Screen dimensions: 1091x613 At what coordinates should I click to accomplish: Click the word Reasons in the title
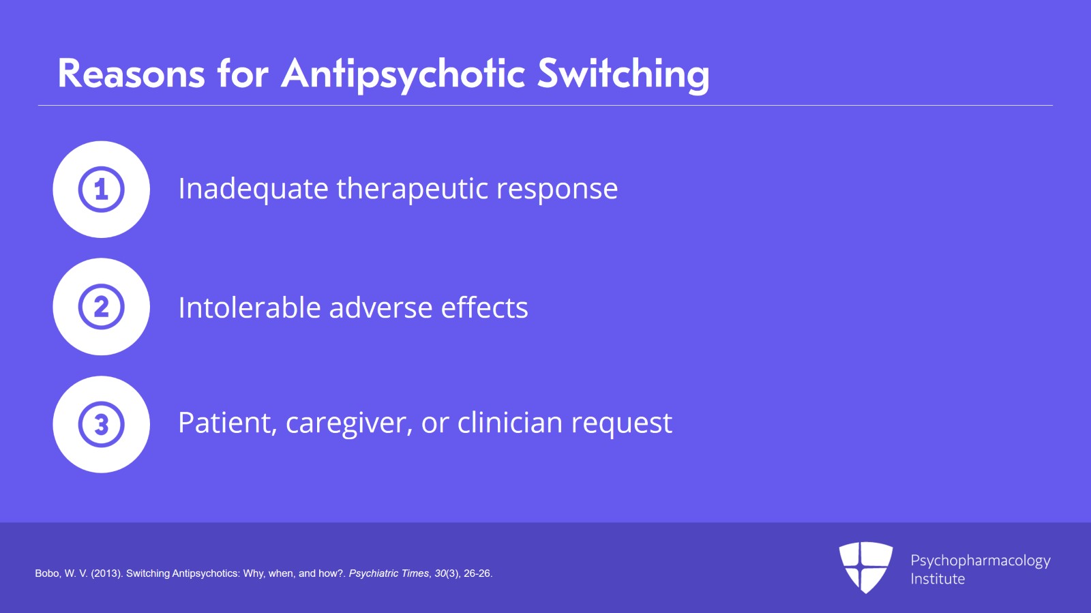(131, 74)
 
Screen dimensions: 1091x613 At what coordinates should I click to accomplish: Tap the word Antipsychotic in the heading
(403, 76)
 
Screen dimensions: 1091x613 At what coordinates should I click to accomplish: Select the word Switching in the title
(623, 76)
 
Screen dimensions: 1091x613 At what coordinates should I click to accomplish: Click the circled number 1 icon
(102, 190)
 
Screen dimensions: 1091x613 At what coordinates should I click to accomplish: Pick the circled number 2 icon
(102, 307)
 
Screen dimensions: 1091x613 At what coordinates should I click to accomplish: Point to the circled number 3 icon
(102, 424)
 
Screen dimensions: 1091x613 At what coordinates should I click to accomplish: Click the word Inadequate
(253, 189)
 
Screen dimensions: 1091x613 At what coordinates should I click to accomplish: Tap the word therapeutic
(412, 189)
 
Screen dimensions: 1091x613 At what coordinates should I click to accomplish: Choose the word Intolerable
(250, 308)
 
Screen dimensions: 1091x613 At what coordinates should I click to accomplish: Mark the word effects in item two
(485, 308)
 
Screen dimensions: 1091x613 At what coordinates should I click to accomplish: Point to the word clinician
(510, 422)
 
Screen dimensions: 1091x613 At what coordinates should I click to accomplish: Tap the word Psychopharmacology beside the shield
(981, 561)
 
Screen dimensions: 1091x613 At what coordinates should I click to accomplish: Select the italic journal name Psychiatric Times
(389, 573)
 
